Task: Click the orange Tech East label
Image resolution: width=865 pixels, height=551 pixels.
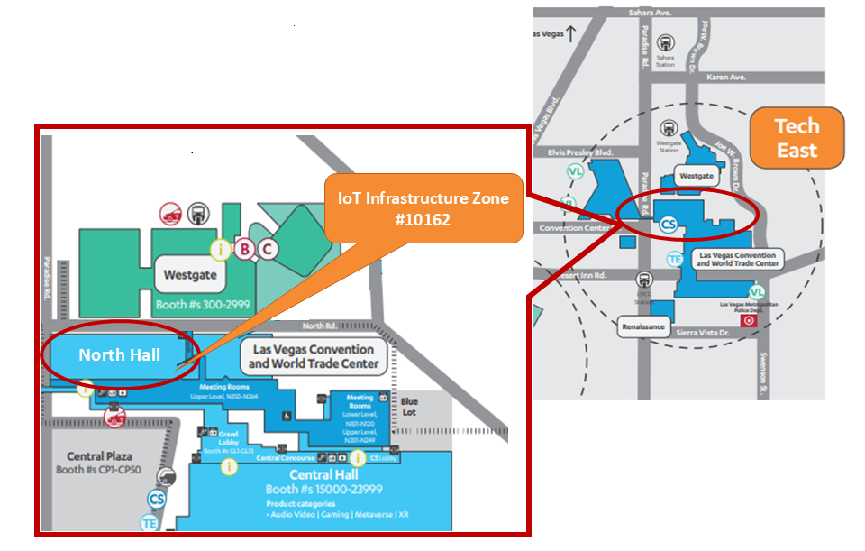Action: pos(797,138)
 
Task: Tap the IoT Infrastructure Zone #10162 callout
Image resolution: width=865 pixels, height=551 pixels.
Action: pos(423,208)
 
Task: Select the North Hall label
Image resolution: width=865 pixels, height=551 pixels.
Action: pos(119,355)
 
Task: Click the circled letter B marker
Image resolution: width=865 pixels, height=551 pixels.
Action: pos(244,249)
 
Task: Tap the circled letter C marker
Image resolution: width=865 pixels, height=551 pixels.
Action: pos(268,249)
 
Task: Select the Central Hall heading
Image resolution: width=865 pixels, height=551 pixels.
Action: pos(323,474)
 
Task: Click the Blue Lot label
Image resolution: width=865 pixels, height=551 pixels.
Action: pos(410,407)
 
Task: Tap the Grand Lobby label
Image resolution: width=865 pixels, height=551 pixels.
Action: pos(229,439)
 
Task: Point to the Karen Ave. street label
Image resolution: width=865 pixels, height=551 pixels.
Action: pos(726,78)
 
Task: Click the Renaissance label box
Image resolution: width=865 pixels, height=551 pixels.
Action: pos(644,326)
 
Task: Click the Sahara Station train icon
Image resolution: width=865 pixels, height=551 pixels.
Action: pos(666,43)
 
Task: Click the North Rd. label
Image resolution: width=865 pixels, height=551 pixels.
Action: pos(319,326)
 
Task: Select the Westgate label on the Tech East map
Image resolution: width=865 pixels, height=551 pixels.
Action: pos(697,177)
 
